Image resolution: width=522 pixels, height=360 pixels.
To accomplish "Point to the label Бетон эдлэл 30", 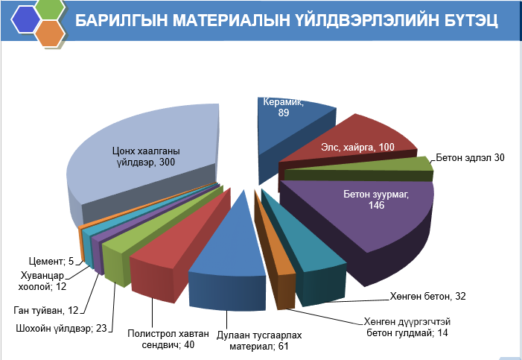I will (471, 158).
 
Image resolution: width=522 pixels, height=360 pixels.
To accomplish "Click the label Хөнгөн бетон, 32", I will (428, 296).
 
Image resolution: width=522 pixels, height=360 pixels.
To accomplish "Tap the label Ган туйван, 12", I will (46, 310).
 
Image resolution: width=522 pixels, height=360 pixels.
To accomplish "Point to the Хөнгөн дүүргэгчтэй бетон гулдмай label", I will (405, 326).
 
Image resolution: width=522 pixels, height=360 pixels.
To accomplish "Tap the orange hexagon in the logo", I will (49, 34).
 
